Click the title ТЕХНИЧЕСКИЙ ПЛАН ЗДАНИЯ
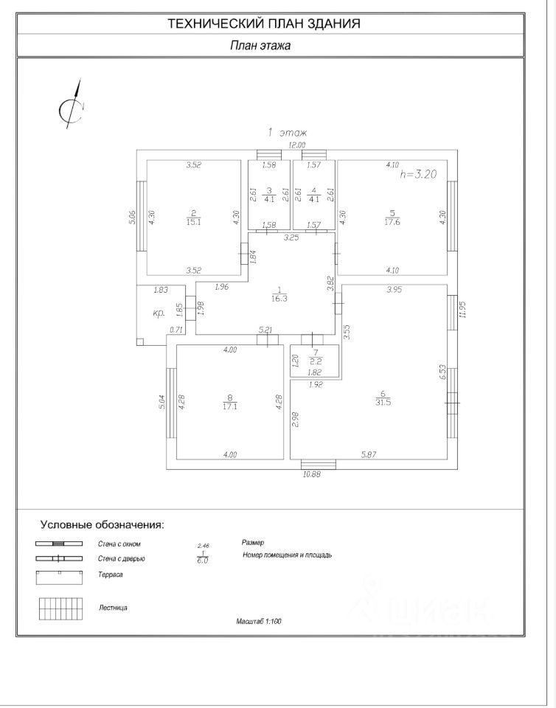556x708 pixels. (x=264, y=24)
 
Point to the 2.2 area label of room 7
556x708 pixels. (x=315, y=361)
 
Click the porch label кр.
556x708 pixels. (x=159, y=313)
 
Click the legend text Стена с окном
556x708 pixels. (x=119, y=544)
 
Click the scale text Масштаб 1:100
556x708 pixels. (x=259, y=622)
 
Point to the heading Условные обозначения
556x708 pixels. (x=102, y=525)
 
